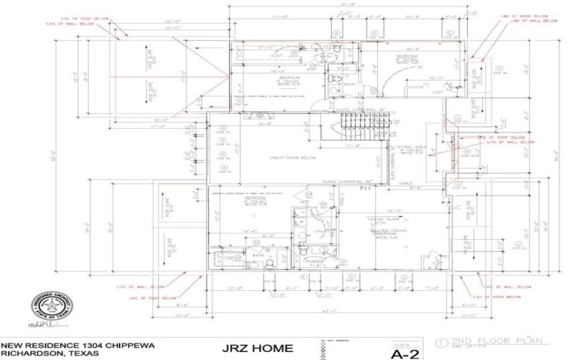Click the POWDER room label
click(315, 261)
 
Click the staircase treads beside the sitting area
click(359, 130)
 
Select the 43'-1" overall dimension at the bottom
click(327, 311)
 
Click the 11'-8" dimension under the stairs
click(353, 145)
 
